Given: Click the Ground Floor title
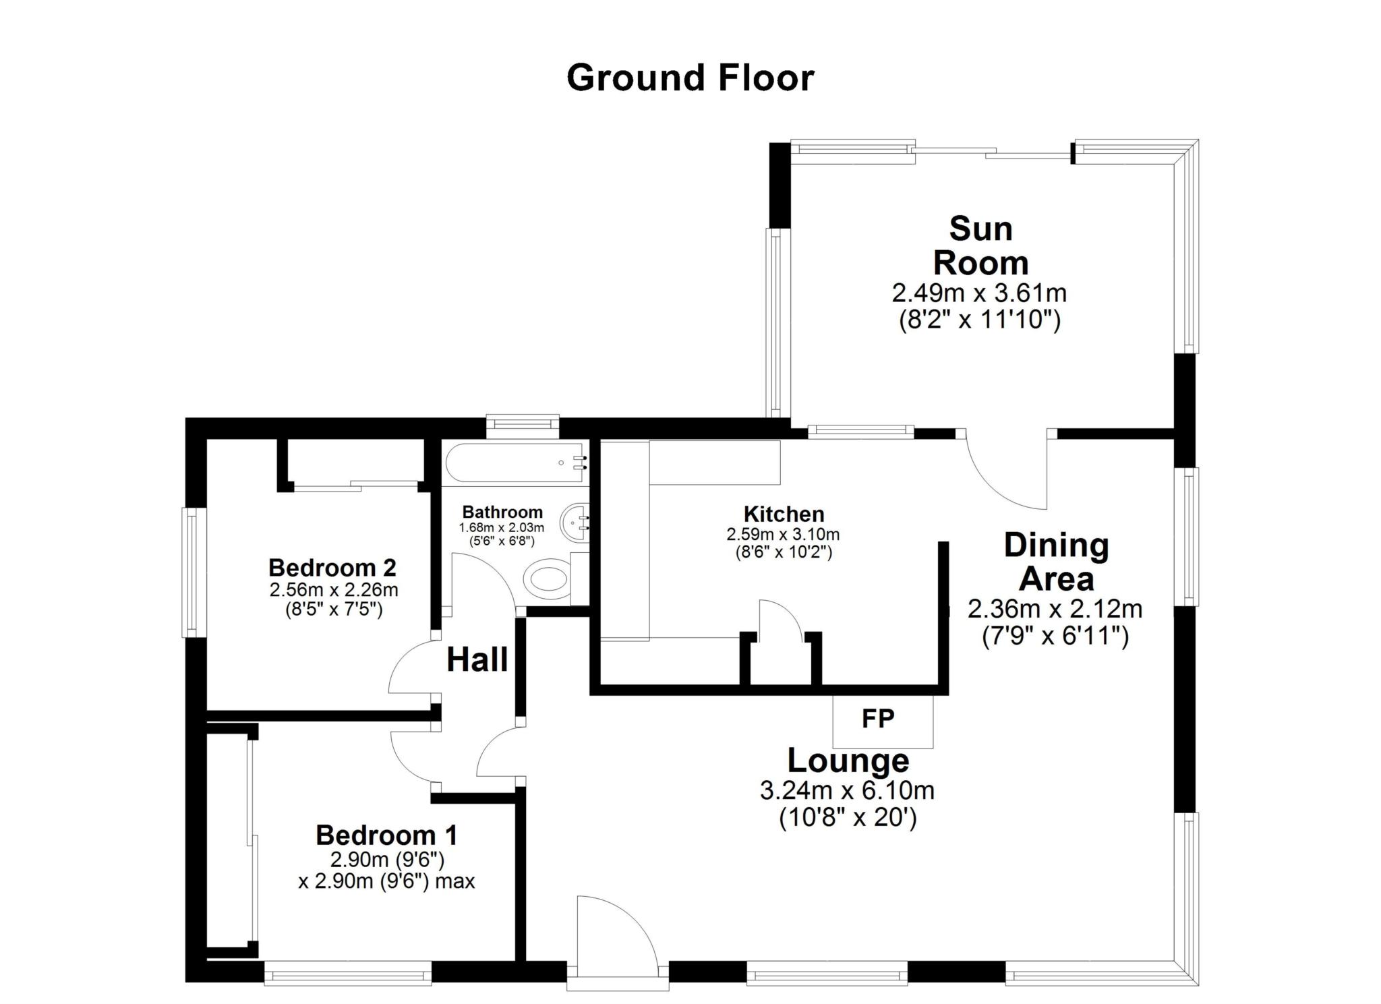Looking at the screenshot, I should pyautogui.click(x=690, y=78).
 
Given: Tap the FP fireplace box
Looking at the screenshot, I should pyautogui.click(x=883, y=721).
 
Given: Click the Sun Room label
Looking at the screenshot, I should pyautogui.click(x=980, y=245).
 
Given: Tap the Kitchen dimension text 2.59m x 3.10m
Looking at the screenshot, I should pyautogui.click(x=783, y=535).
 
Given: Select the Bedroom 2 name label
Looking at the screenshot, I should pyautogui.click(x=332, y=567).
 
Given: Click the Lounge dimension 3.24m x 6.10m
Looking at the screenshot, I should pyautogui.click(x=847, y=790).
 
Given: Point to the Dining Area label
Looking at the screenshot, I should pyautogui.click(x=1056, y=562).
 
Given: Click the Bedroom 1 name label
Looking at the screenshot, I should pyautogui.click(x=386, y=835).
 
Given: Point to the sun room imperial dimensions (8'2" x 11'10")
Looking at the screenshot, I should pyautogui.click(x=980, y=320).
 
